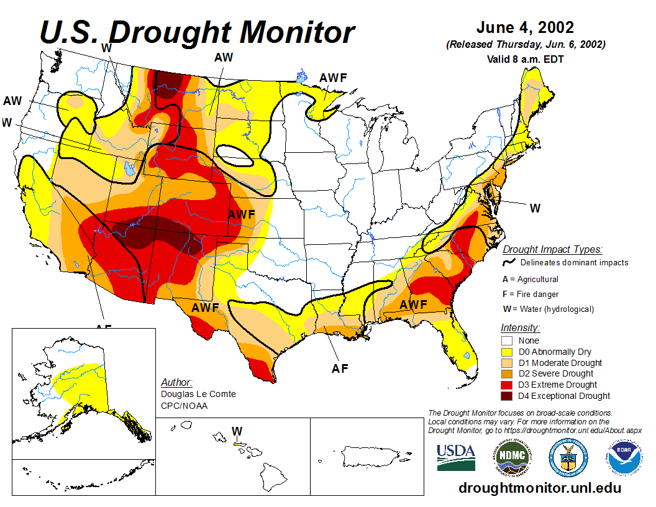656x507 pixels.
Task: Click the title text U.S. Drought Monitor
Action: (197, 32)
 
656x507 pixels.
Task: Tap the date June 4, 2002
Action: (525, 28)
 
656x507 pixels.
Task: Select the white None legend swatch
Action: (507, 340)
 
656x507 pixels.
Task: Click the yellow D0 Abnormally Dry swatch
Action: (507, 352)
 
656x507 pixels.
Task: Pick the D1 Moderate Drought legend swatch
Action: (507, 363)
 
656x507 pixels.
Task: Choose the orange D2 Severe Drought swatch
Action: (507, 373)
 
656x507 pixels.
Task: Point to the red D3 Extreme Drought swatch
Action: (507, 385)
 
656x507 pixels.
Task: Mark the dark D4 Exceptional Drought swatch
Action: (507, 396)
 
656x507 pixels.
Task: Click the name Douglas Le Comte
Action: (198, 395)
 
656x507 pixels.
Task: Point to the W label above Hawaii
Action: (237, 431)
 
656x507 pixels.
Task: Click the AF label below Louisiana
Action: (340, 368)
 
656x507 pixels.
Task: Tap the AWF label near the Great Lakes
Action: (332, 78)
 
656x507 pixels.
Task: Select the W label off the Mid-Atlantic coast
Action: (535, 209)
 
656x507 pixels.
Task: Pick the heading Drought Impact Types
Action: (552, 250)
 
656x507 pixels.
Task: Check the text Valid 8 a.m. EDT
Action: (525, 60)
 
